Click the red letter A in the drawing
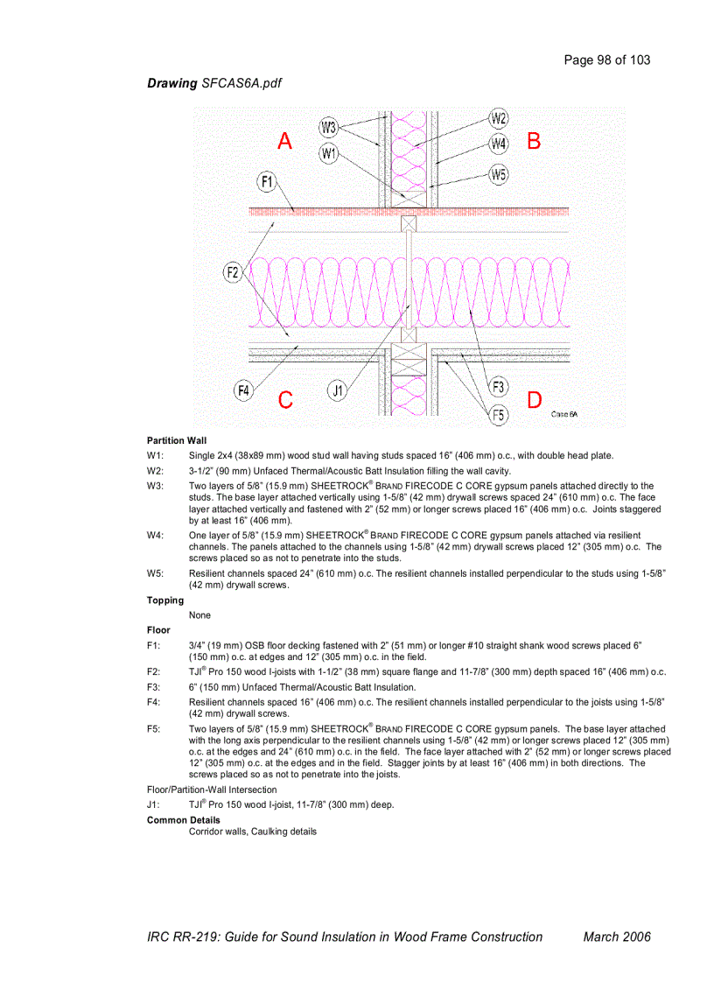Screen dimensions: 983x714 click(x=285, y=141)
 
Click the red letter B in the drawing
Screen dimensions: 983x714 click(x=534, y=140)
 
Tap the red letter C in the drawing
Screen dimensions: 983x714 click(x=285, y=400)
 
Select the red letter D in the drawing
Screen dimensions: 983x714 click(x=534, y=400)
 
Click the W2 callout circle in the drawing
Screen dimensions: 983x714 click(x=499, y=118)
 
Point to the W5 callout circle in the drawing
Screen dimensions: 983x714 click(x=499, y=174)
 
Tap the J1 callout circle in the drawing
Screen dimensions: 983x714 click(x=338, y=390)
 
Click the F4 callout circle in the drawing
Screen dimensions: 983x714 click(x=245, y=390)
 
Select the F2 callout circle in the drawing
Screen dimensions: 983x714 click(x=233, y=273)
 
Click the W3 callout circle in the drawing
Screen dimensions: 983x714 click(x=329, y=128)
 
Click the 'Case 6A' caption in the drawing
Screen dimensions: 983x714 click(x=564, y=414)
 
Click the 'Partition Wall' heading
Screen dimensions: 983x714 click(x=177, y=440)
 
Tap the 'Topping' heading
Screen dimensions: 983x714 click(x=165, y=600)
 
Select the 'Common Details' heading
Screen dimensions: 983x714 click(x=184, y=820)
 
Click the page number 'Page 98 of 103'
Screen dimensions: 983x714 click(x=607, y=60)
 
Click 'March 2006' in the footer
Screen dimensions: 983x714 click(x=617, y=937)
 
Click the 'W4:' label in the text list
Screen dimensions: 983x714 click(x=156, y=535)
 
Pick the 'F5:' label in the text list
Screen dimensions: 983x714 click(x=154, y=728)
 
